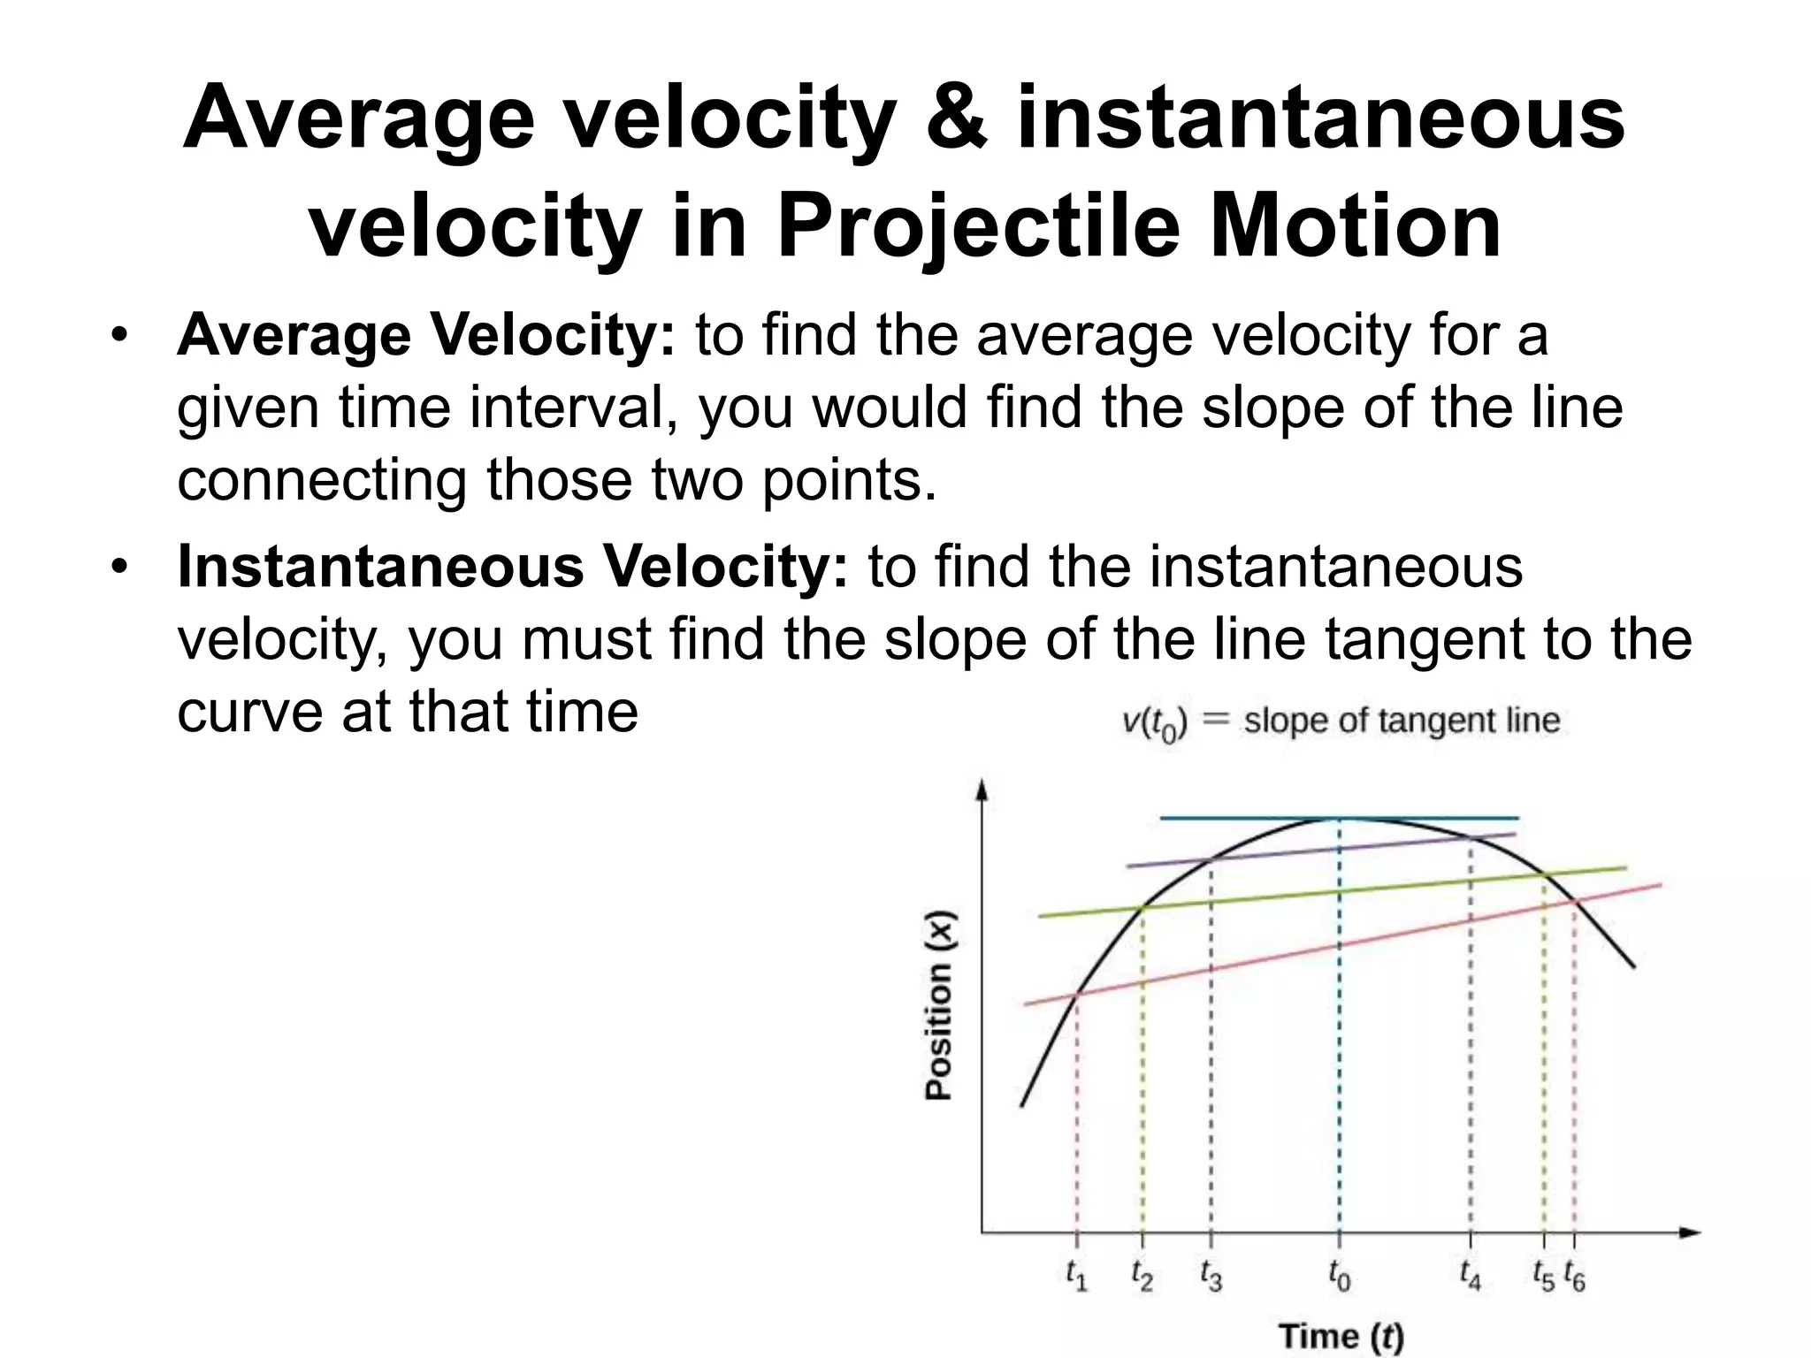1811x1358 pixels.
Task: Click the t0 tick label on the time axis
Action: [1339, 1276]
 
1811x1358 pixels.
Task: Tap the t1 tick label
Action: [1076, 1276]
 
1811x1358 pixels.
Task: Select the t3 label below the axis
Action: [1211, 1276]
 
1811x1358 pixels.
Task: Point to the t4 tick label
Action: [1470, 1276]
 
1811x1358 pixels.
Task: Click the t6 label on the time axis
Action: [1574, 1276]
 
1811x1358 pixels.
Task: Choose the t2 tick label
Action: [1142, 1276]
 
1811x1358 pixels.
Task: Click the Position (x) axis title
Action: [938, 1005]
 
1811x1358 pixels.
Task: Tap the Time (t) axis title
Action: [1341, 1335]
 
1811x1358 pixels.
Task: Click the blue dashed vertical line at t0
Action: [1339, 1061]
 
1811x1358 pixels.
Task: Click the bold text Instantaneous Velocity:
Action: [512, 567]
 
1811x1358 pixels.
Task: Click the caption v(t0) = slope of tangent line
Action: [1340, 722]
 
